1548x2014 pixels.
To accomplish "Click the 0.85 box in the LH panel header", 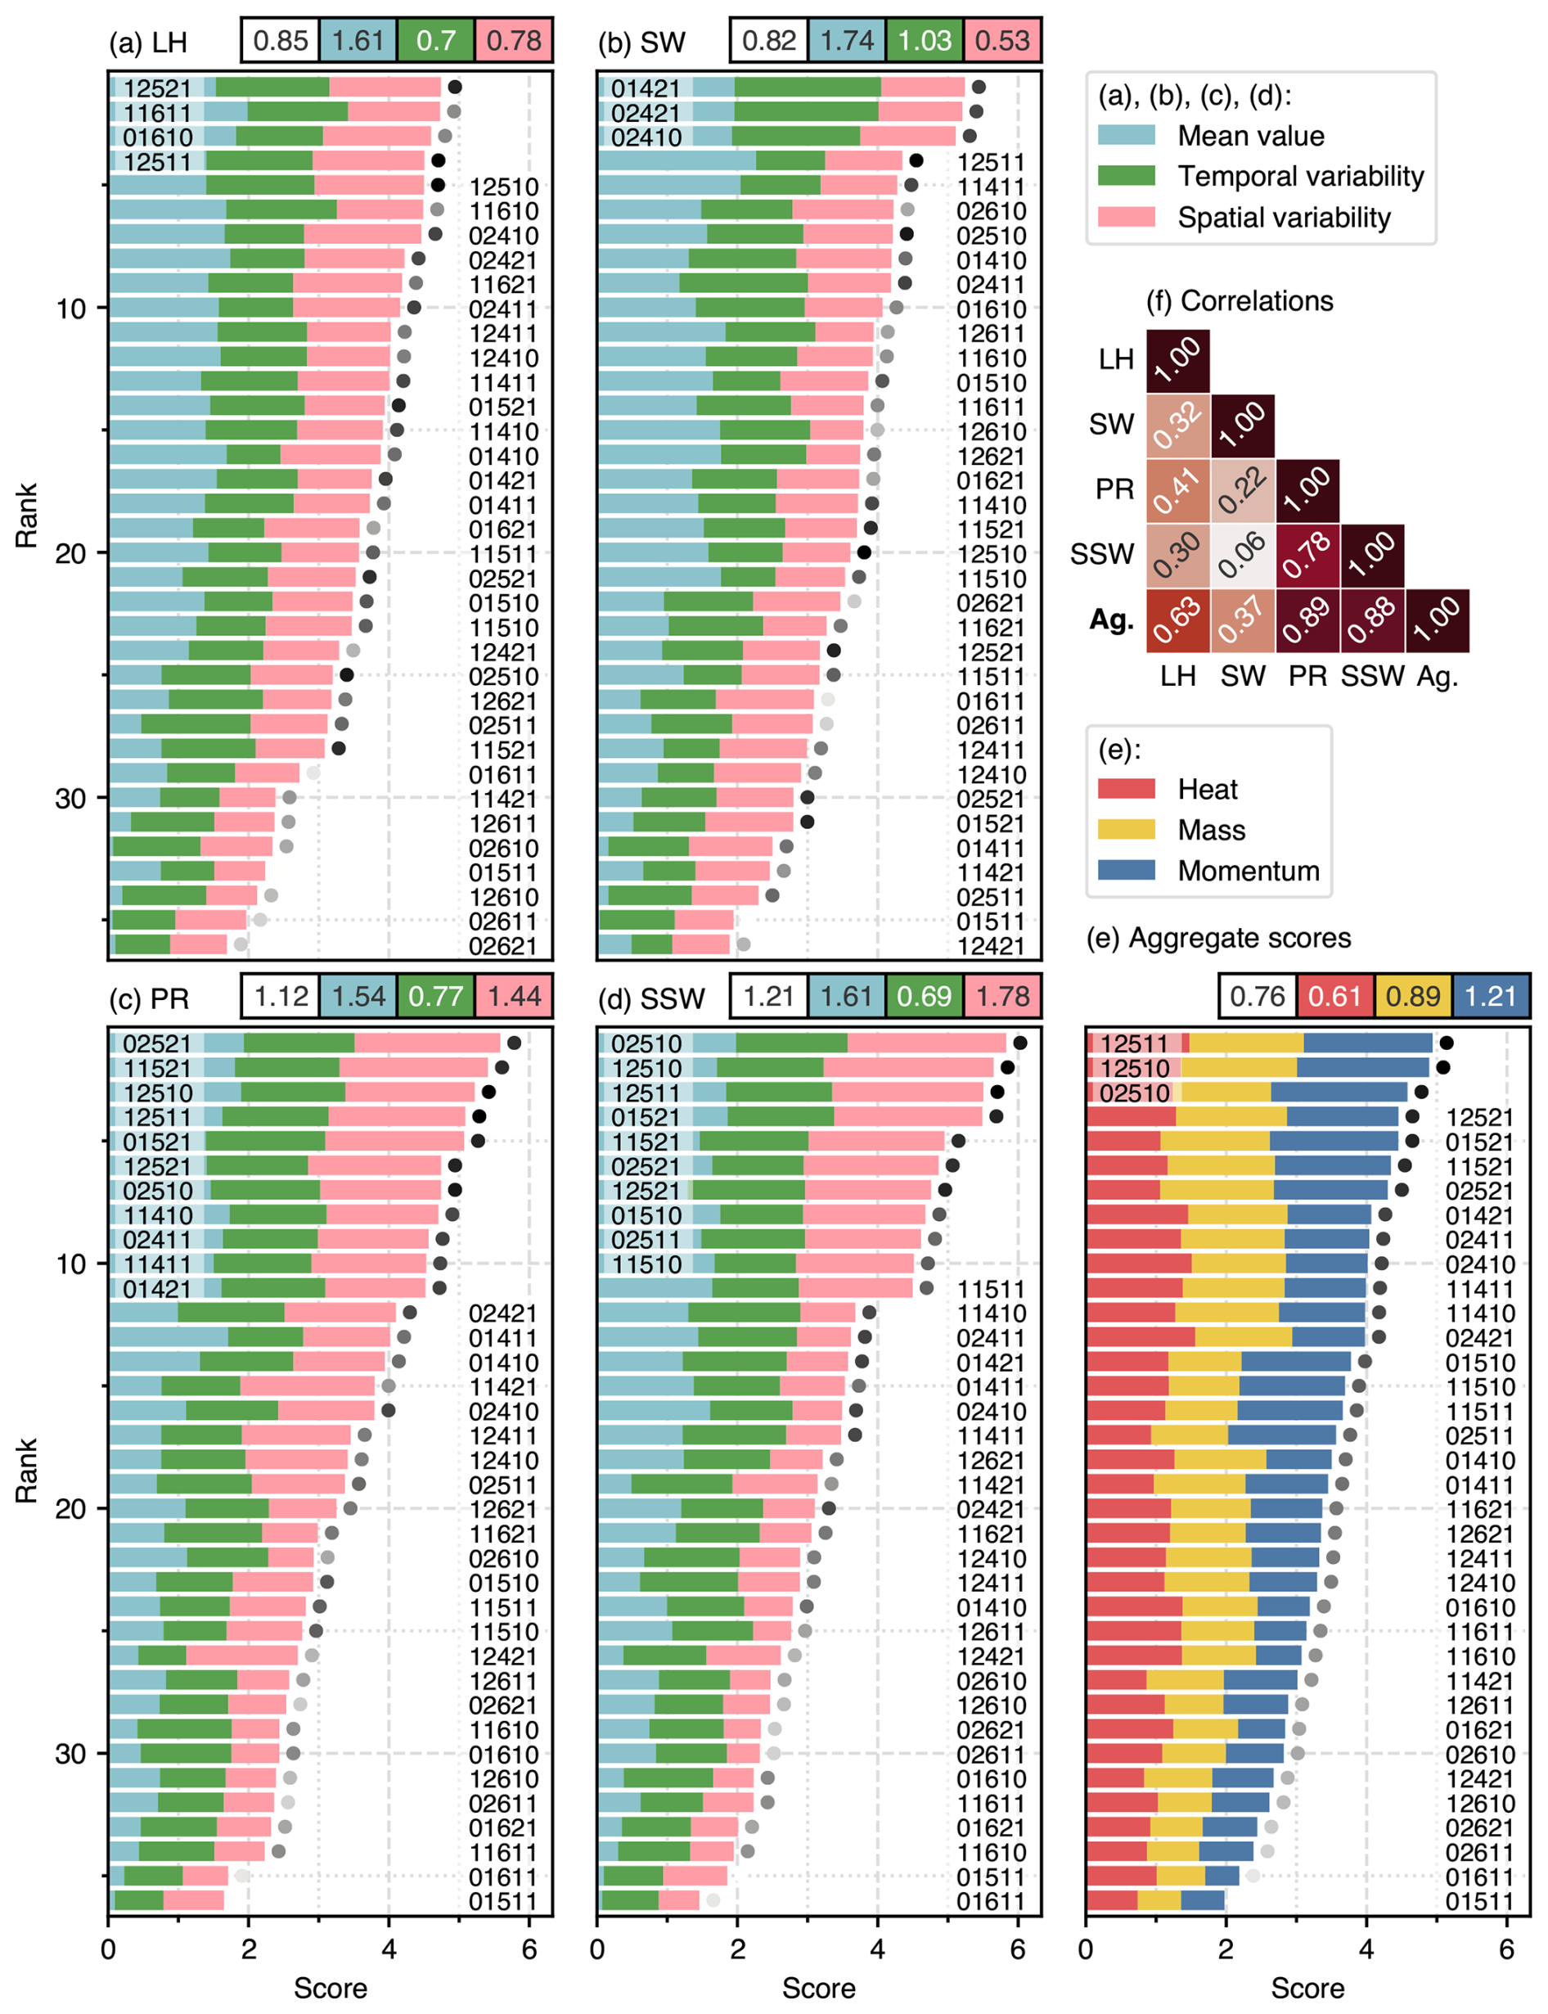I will pos(280,41).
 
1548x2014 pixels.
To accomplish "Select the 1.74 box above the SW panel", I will pos(847,41).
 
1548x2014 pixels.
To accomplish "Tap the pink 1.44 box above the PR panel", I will pos(514,997).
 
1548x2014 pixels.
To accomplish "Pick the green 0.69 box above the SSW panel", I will pos(925,997).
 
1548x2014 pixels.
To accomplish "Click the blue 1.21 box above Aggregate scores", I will pos(1490,997).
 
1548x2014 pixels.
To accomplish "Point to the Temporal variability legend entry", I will pos(1300,176).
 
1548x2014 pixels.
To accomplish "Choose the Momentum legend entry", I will pos(1248,871).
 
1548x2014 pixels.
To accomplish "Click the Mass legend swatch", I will pos(1126,830).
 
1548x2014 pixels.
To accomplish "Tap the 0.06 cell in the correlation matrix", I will pos(1243,556).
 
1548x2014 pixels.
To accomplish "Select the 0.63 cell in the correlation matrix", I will pos(1177,620).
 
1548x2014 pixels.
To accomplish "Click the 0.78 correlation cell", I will pos(1307,556).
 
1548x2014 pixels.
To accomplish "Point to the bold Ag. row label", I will pos(1112,620).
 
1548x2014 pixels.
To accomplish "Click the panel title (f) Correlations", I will pos(1240,301).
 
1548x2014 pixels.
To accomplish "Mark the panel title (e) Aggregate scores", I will pos(1218,939).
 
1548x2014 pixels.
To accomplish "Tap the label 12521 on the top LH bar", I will pos(158,88).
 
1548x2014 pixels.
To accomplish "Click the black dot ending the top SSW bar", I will pos(1020,1043).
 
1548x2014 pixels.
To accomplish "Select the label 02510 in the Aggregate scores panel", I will pos(1134,1093).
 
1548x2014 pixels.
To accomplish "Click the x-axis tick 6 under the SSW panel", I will pos(1017,1949).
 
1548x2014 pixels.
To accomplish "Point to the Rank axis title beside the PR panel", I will pos(26,1470).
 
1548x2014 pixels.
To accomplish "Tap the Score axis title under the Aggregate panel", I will pos(1307,1988).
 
